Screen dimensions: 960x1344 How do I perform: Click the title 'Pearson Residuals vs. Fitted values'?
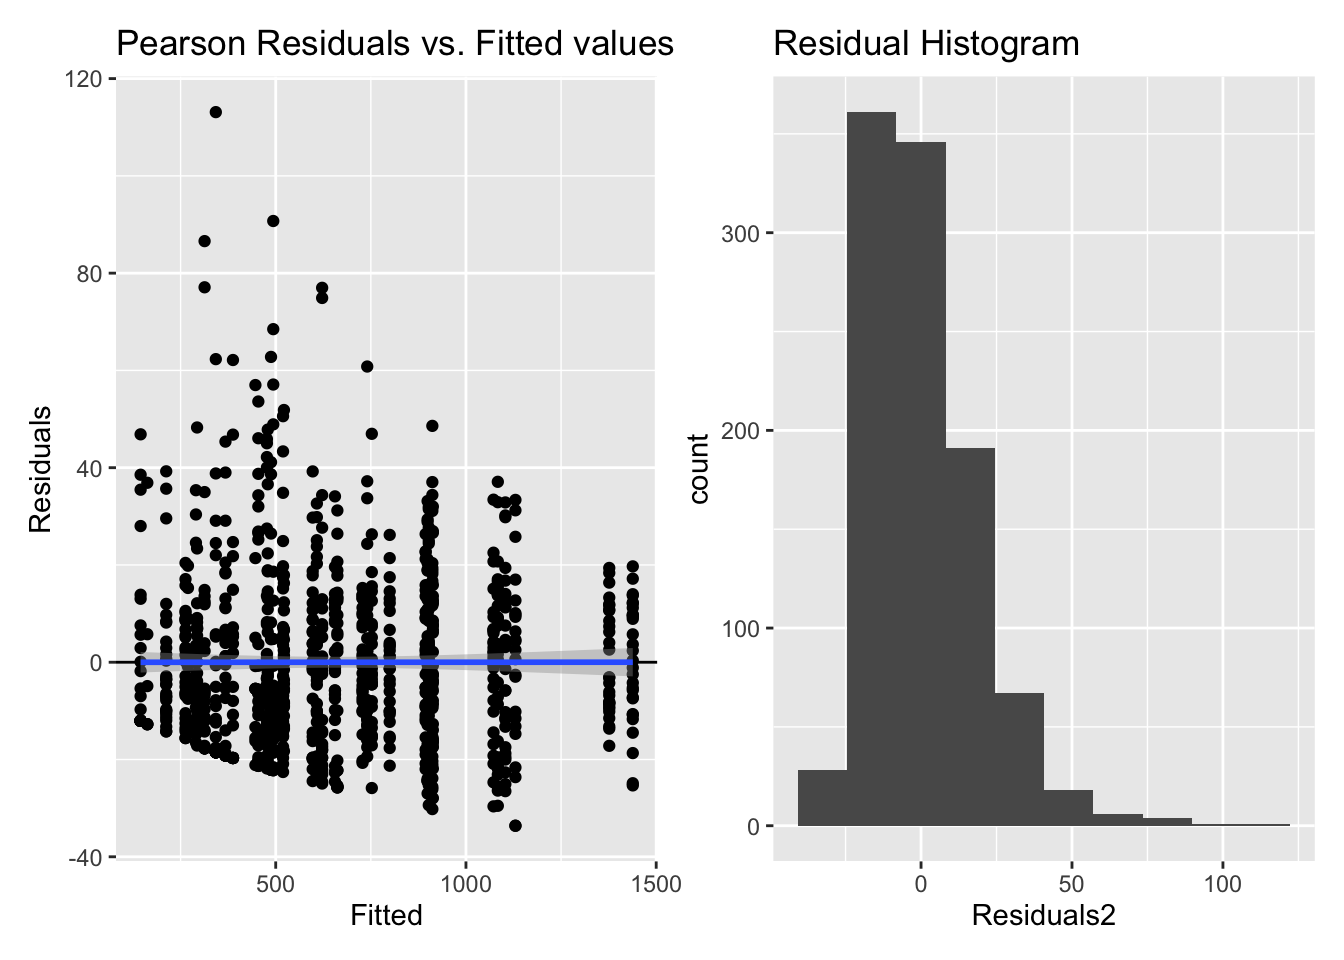[x=395, y=44]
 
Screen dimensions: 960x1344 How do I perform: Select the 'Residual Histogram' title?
[x=926, y=44]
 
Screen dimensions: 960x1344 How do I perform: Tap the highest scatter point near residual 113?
[x=216, y=112]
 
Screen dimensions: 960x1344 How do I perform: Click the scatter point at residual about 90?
[x=273, y=221]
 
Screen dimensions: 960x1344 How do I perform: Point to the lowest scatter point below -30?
[x=515, y=825]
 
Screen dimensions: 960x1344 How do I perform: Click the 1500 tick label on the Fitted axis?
[x=656, y=885]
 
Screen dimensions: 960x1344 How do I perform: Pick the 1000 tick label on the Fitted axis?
[x=466, y=885]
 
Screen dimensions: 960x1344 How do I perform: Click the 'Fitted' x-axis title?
[x=386, y=916]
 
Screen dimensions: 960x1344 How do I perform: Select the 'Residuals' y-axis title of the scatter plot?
[x=40, y=469]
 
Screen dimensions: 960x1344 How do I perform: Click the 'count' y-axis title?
[x=698, y=469]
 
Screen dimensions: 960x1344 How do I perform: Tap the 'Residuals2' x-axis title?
[x=1043, y=916]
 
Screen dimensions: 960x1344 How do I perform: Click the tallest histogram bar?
[x=871, y=470]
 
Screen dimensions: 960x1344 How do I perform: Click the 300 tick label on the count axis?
[x=740, y=234]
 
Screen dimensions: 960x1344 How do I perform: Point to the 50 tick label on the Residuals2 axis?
[x=1071, y=885]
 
